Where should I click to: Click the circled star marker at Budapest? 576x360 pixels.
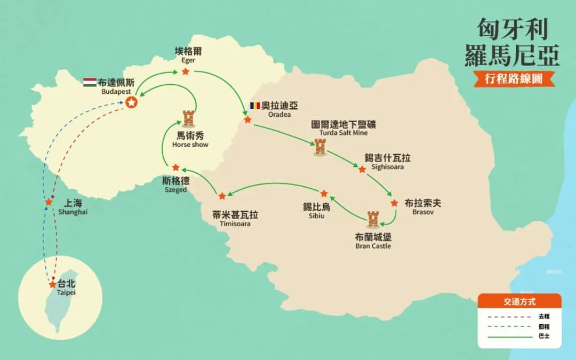[x=132, y=102]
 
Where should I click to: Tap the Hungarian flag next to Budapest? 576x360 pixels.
[x=90, y=82]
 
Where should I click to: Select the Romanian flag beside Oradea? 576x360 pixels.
[x=255, y=106]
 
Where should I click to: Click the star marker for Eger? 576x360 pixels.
[x=186, y=71]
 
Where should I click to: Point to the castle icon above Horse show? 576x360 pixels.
[x=188, y=118]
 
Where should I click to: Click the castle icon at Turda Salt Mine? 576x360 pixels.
[x=321, y=147]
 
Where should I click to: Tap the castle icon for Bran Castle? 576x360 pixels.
[x=373, y=219]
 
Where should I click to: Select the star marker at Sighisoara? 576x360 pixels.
[x=362, y=170]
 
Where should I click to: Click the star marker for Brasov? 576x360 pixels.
[x=394, y=203]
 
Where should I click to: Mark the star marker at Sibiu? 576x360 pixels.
[x=324, y=194]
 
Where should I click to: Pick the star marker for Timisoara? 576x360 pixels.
[x=222, y=196]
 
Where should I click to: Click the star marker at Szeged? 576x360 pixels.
[x=175, y=167]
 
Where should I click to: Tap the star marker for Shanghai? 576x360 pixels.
[x=49, y=202]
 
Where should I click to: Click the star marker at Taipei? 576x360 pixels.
[x=52, y=284]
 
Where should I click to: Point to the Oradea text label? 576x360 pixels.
[x=279, y=114]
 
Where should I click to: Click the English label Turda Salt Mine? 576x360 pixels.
[x=343, y=133]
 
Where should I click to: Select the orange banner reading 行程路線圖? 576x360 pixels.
[x=514, y=78]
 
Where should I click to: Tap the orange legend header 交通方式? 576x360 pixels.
[x=519, y=301]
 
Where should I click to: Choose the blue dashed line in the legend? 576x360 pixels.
[x=510, y=326]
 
